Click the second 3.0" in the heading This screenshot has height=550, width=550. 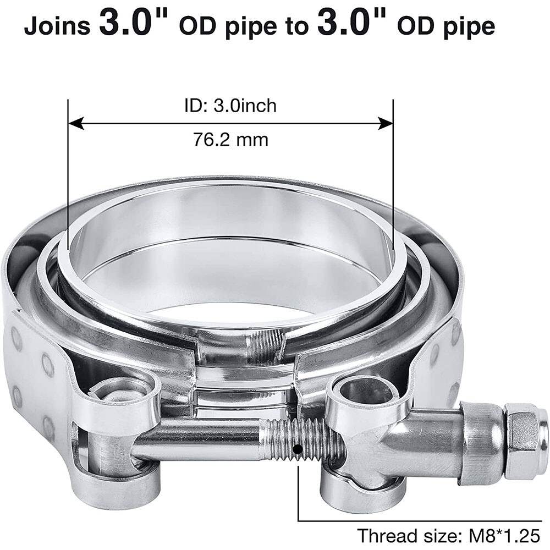(x=345, y=25)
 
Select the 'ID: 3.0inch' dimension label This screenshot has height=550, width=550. (x=230, y=105)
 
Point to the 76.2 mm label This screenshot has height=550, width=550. (x=230, y=140)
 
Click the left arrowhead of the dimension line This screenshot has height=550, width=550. (x=75, y=123)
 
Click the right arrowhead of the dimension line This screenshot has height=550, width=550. (x=386, y=123)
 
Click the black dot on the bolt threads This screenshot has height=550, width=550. (x=298, y=450)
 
